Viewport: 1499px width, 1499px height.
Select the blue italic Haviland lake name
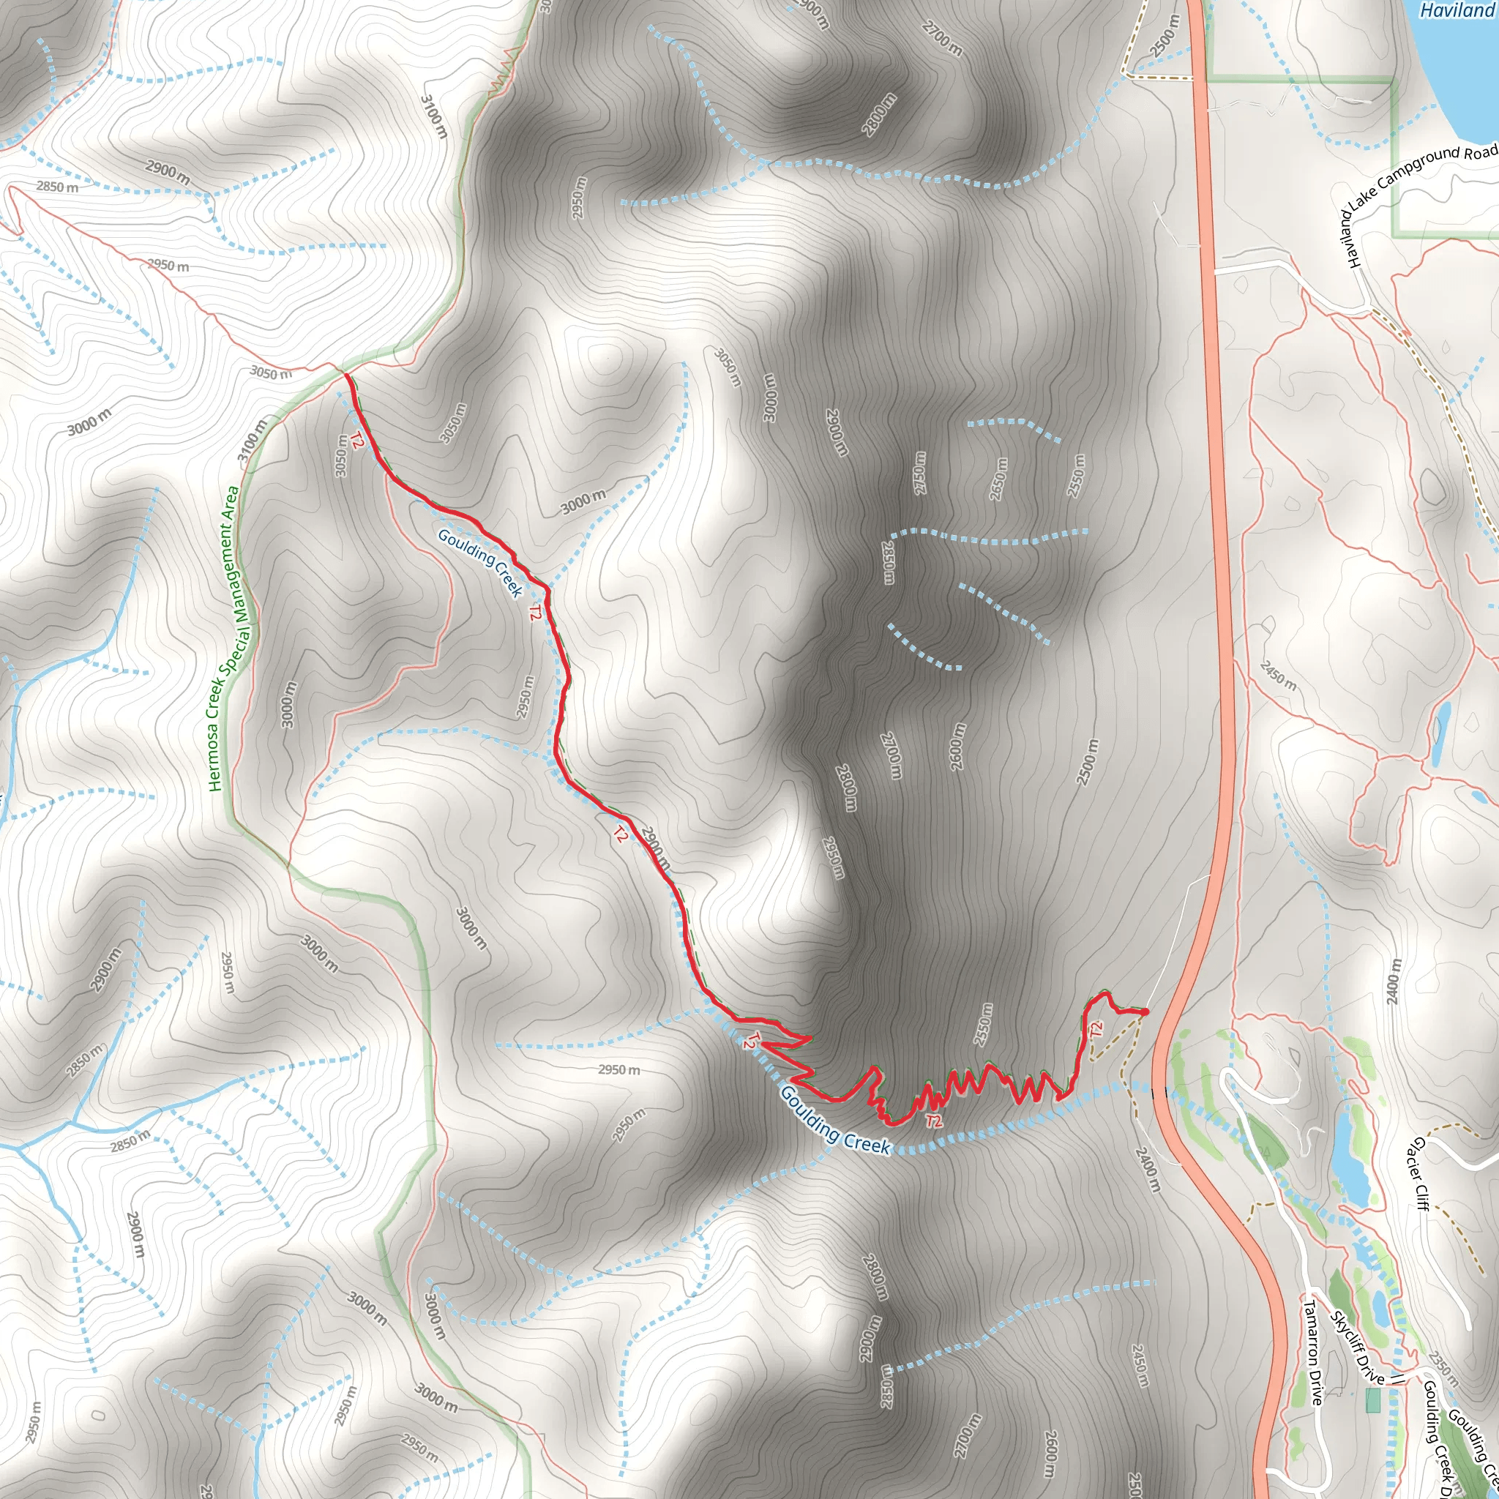[x=1456, y=10]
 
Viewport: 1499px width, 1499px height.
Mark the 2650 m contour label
[x=999, y=479]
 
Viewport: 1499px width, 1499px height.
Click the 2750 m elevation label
[x=919, y=472]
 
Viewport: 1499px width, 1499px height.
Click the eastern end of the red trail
[x=1145, y=1011]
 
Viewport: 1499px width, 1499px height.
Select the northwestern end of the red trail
[x=346, y=375]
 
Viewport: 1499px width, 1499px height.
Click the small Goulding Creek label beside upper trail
[x=480, y=564]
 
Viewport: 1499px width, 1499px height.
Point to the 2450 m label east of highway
[x=1278, y=674]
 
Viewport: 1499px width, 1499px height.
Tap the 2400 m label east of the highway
[x=1394, y=981]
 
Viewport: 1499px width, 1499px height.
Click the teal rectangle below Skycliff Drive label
[x=1373, y=1400]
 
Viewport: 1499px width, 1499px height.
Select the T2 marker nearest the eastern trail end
[x=1096, y=1031]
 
